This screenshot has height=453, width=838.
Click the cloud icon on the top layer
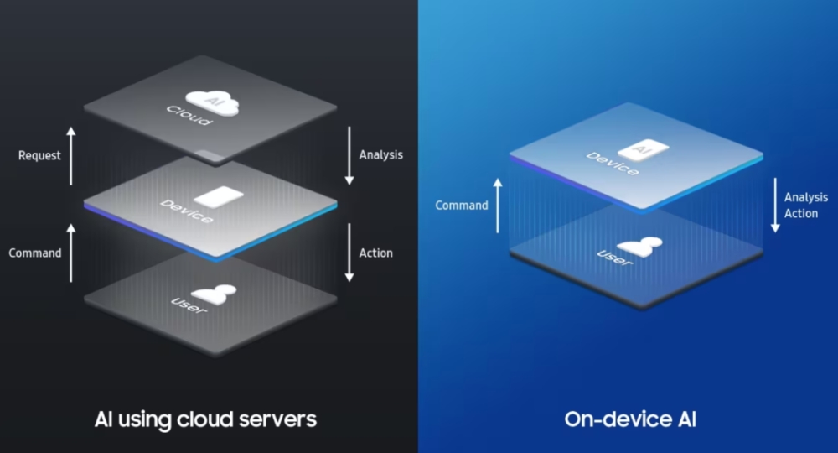pos(213,102)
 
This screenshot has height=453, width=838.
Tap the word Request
pos(40,155)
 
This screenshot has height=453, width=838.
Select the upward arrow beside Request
pos(71,156)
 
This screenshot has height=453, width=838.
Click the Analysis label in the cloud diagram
pos(380,154)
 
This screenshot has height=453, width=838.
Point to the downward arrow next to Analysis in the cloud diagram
pos(349,156)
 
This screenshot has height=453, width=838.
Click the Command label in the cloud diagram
pos(34,253)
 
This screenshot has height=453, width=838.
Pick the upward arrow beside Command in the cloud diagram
pos(71,253)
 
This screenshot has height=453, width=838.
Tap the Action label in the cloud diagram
pos(375,253)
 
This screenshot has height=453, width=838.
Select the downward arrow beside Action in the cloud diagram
pos(349,253)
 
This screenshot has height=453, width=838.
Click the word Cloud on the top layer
pos(189,116)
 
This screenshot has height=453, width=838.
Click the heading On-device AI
pos(628,418)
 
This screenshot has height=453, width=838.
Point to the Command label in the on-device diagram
pos(462,206)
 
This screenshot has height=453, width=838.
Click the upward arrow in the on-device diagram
pos(499,206)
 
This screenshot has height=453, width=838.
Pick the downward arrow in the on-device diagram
pos(775,206)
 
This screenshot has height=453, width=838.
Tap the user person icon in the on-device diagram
pos(640,246)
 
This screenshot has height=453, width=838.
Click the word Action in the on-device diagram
pos(801,214)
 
